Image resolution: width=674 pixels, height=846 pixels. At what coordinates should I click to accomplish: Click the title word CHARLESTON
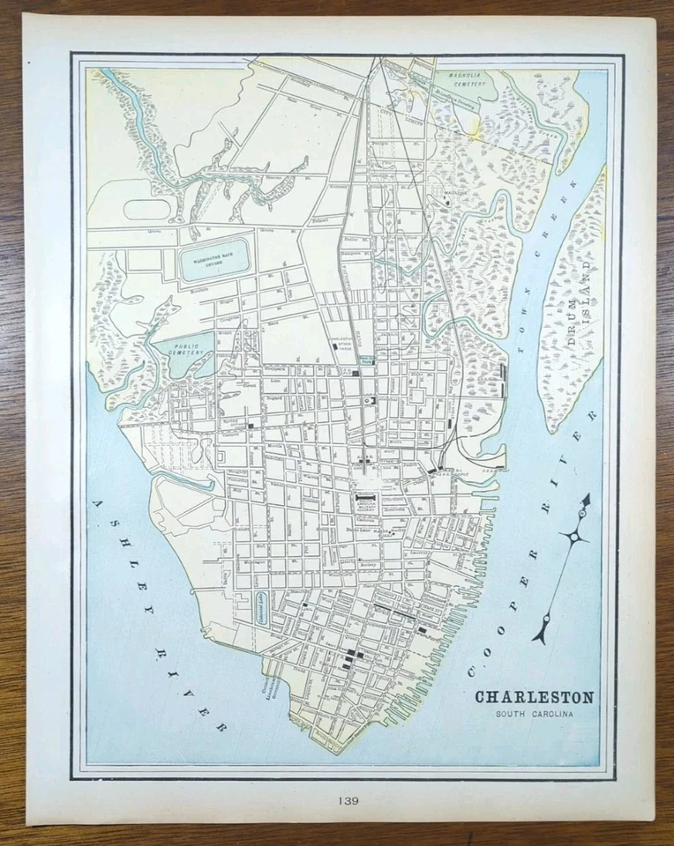point(535,697)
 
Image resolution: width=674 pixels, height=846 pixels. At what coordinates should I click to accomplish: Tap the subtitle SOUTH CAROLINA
point(535,713)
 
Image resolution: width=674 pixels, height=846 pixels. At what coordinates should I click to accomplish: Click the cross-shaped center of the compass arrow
point(573,536)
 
